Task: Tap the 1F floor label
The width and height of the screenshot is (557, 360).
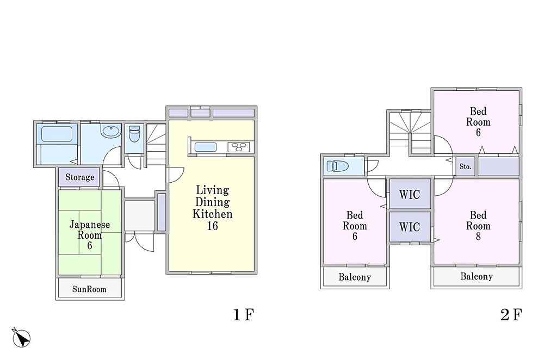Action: tap(244, 314)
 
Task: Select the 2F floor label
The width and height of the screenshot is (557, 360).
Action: tap(511, 314)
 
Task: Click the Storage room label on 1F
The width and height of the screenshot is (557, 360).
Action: tap(79, 177)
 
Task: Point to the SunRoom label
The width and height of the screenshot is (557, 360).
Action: tap(89, 289)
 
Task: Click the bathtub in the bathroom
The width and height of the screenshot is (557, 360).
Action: tap(57, 134)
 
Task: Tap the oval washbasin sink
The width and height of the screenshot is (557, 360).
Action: tap(111, 131)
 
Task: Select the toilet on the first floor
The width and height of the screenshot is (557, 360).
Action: tap(134, 134)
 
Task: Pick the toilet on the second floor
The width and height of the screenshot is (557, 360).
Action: tap(337, 166)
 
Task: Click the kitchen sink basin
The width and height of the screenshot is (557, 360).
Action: tap(205, 147)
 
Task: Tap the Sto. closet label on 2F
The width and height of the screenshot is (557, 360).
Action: tap(465, 166)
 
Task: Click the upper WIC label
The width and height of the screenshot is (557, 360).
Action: tap(410, 194)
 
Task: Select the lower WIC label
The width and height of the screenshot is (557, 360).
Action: tap(410, 227)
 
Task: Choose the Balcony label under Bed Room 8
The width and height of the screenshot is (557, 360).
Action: tap(476, 276)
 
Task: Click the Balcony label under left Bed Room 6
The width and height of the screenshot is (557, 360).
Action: tap(355, 277)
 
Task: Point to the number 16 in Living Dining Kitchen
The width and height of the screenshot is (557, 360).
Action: tap(213, 226)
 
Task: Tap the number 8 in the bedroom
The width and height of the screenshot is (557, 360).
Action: tap(478, 236)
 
